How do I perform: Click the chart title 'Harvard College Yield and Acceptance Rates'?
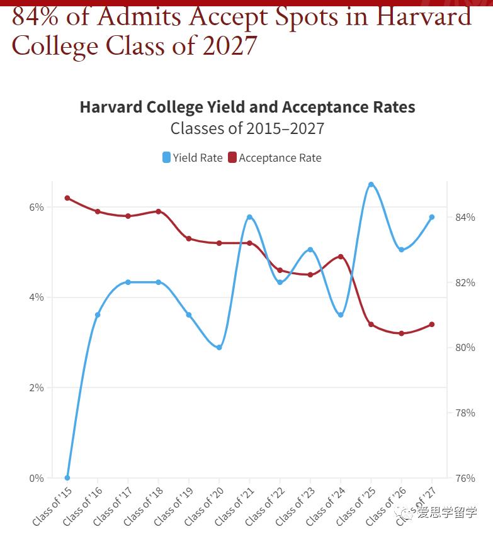(247, 107)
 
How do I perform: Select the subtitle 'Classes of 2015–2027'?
(247, 128)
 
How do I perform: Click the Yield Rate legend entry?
(193, 157)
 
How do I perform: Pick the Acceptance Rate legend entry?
(275, 157)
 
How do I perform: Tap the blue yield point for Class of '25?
(371, 184)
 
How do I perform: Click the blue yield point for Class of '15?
(67, 477)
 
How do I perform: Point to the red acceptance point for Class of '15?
(67, 198)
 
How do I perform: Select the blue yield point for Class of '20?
(219, 347)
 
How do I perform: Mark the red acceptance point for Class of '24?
(341, 257)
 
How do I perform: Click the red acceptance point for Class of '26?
(401, 333)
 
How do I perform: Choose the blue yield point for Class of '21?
(249, 217)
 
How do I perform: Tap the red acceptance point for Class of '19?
(189, 238)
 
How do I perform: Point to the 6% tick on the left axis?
(37, 207)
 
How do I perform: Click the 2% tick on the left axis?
(37, 387)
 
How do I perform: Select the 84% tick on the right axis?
(465, 217)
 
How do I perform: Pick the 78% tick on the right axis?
(465, 413)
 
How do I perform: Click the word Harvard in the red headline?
(424, 16)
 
